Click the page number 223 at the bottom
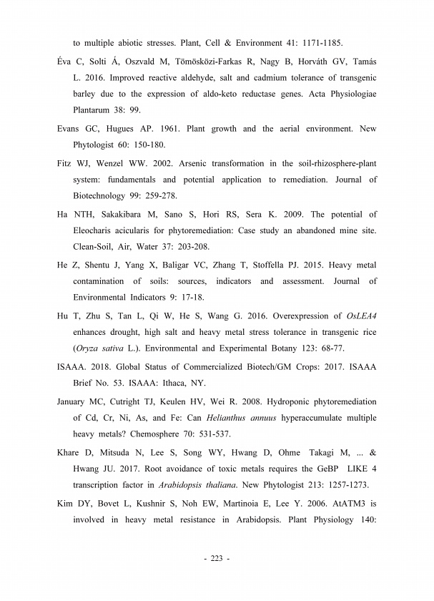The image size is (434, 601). tap(216, 558)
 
